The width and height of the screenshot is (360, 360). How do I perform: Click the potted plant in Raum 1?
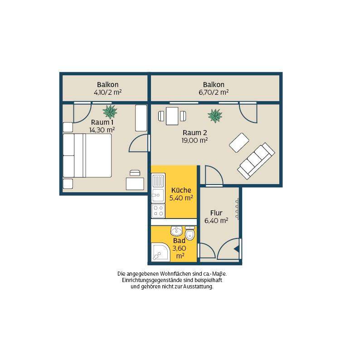(x=110, y=112)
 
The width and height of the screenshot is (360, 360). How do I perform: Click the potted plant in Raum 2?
(x=215, y=116)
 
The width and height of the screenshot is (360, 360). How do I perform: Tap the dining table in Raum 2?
(x=172, y=116)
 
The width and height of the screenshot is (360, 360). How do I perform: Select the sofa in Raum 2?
(x=256, y=161)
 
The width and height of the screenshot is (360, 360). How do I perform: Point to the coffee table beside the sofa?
(x=239, y=142)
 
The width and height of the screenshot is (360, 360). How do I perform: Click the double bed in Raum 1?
(x=87, y=156)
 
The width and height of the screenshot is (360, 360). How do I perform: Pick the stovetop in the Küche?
(x=158, y=211)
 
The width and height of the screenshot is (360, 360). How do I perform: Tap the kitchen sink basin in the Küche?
(x=158, y=195)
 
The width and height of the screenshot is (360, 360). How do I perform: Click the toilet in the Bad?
(x=190, y=233)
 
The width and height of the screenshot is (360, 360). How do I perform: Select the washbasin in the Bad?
(x=176, y=231)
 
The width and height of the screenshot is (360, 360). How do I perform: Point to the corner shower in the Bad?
(x=161, y=252)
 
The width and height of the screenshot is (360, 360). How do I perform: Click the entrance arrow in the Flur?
(x=237, y=249)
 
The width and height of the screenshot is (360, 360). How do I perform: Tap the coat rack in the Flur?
(x=237, y=209)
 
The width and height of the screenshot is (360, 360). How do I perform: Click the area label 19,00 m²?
(x=195, y=140)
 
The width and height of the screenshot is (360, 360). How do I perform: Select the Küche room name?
(x=181, y=190)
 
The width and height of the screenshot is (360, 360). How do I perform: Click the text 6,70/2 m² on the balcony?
(x=214, y=92)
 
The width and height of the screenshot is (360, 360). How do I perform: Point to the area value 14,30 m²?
(x=102, y=130)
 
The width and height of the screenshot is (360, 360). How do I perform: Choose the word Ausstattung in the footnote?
(x=198, y=287)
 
